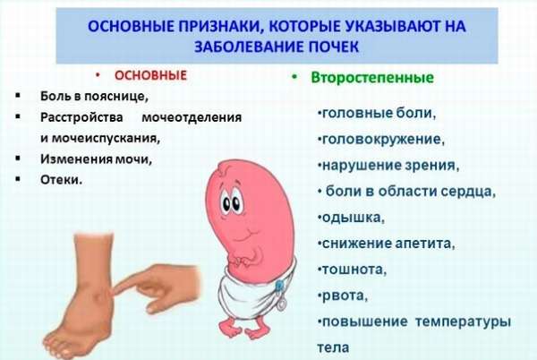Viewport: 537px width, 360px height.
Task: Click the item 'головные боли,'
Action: point(377,115)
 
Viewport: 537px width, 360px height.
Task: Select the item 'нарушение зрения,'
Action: point(388,166)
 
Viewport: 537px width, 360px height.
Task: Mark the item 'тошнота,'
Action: point(354,268)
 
